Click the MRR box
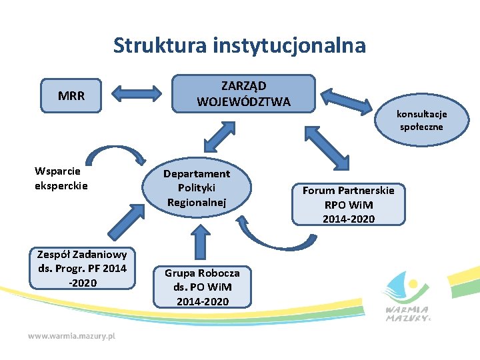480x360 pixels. point(71,95)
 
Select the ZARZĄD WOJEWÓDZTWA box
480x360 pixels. point(243,93)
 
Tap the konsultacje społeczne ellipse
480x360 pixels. point(421,120)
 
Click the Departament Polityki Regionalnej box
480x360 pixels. point(197,187)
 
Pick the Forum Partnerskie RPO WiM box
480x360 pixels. point(348,203)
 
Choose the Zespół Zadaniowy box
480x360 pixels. point(82,268)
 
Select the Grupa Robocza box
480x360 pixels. point(202,287)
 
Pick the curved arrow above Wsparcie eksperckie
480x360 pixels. point(119,151)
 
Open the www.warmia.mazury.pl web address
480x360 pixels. point(71,336)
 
